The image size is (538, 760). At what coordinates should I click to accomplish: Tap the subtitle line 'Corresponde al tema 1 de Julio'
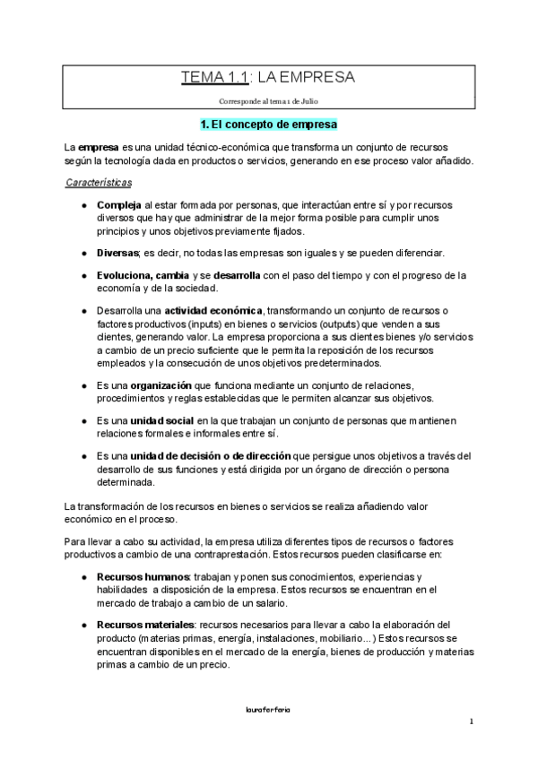coord(269,100)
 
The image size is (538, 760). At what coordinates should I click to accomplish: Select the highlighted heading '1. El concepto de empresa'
coord(269,124)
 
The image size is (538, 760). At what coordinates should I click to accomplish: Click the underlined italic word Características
coord(99,183)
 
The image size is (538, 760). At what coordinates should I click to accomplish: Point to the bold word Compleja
coord(118,205)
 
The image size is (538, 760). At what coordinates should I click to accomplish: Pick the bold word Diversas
coord(118,253)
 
